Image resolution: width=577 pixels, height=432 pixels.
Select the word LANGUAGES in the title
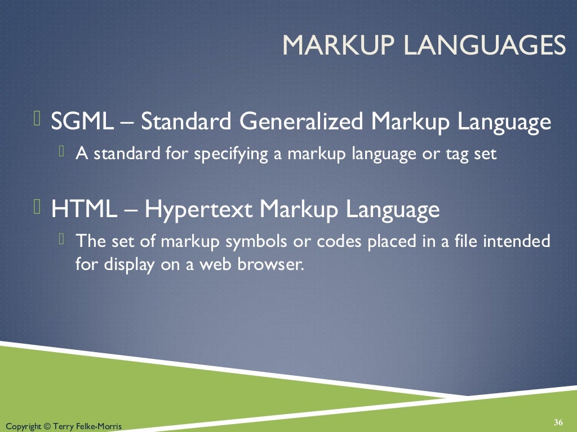click(480, 45)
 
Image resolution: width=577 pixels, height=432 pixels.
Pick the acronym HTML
click(84, 209)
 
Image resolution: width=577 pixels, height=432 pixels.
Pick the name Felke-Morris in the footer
click(101, 426)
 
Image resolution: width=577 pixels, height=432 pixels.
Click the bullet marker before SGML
click(37, 119)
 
